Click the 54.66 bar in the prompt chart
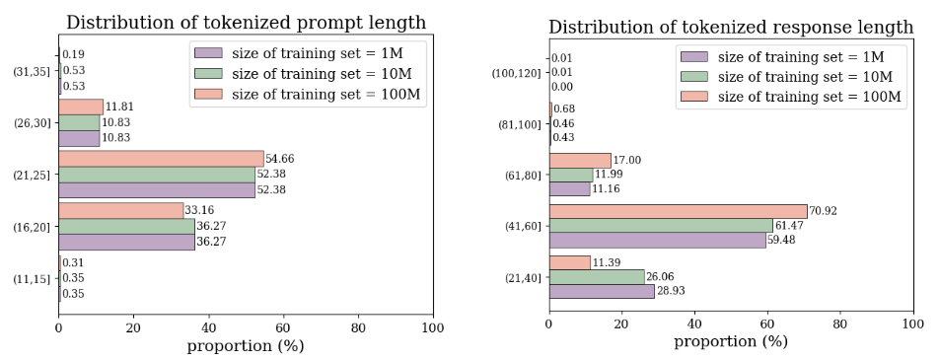coord(161,158)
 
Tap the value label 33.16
coord(199,210)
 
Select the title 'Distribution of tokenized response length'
coord(731,27)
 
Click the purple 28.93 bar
coord(602,291)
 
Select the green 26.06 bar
coord(597,277)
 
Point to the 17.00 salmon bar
coord(580,160)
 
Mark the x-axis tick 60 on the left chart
coord(283,327)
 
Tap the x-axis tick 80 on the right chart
coord(840,323)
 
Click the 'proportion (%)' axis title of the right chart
coord(731,342)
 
